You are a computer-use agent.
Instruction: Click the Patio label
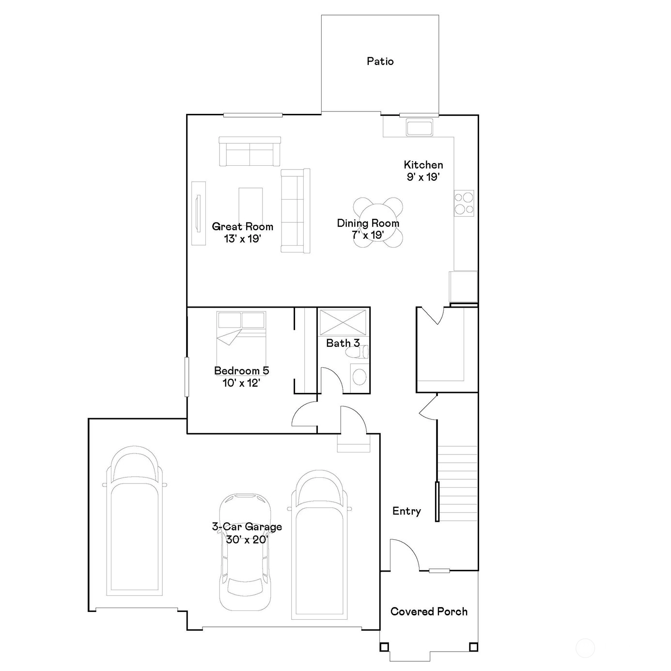tap(380, 61)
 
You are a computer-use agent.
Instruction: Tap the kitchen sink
tap(419, 127)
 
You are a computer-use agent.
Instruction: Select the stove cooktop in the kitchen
tap(464, 203)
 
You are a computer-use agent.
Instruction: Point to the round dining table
tap(377, 222)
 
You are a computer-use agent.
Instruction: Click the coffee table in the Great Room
tap(250, 205)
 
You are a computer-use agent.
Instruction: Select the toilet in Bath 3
tap(357, 352)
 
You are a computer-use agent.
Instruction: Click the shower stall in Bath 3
tap(343, 323)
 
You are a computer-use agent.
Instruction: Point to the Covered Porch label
tap(429, 611)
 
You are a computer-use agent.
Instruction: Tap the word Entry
tap(406, 511)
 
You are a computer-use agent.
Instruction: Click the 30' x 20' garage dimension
tap(247, 539)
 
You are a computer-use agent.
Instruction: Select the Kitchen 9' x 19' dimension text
tap(423, 177)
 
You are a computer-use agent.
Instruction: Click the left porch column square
tap(384, 647)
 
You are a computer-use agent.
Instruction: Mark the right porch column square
tap(473, 647)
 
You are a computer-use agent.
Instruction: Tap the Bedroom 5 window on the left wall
tap(187, 377)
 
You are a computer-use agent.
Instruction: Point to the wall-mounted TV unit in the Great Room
tap(199, 213)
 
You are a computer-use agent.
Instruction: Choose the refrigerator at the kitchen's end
tap(463, 286)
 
